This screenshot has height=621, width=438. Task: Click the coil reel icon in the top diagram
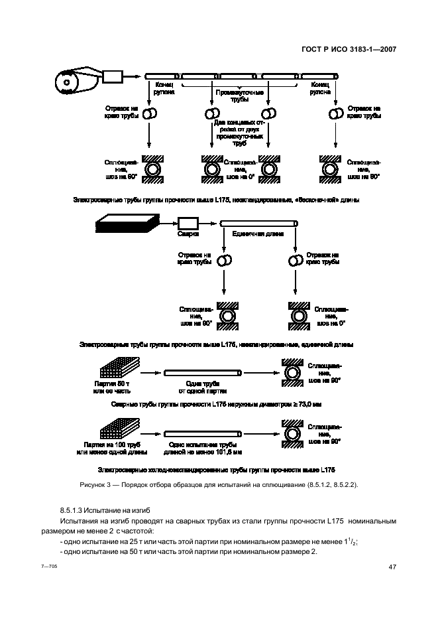(x=69, y=84)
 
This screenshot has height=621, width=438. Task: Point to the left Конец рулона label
(x=164, y=89)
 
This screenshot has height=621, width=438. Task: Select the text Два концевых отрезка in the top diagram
(x=239, y=123)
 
